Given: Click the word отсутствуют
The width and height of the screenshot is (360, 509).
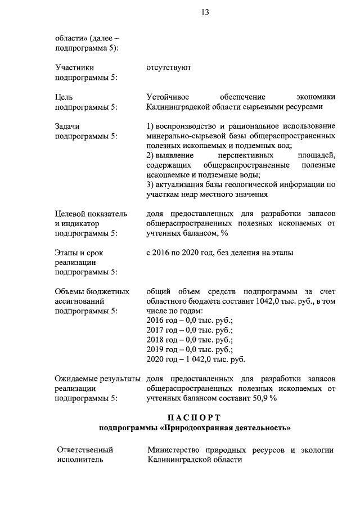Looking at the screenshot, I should pos(169,67).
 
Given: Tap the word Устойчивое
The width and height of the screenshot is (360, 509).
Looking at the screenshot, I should pos(164,97).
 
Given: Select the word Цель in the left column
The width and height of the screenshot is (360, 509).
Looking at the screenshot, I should pos(64,97).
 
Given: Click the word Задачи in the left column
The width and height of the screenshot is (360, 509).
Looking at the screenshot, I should pos(67,126).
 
